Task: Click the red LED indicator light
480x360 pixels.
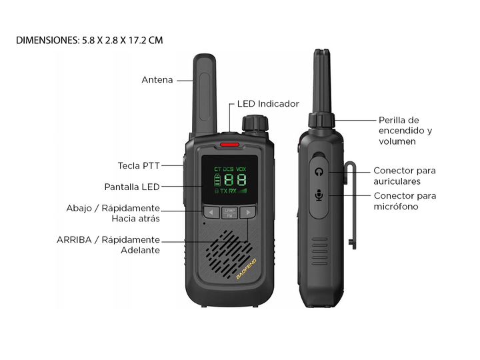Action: point(229,145)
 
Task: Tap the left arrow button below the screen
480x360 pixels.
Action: point(211,212)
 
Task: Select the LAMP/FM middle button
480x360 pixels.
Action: point(229,213)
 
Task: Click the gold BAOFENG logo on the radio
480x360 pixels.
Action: point(246,269)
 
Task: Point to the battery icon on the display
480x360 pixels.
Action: point(217,180)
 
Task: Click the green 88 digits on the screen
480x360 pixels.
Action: point(235,180)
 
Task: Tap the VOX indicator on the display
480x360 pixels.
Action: point(241,169)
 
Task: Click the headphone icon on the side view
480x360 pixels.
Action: point(319,172)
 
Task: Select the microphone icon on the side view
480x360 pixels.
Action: point(319,195)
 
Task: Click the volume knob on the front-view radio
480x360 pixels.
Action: point(255,123)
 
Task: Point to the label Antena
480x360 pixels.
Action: point(157,80)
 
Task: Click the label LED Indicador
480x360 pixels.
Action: point(268,104)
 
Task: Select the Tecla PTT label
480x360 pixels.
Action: point(139,165)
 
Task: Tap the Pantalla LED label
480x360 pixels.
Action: point(132,187)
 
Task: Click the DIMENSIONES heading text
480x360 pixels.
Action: point(89,40)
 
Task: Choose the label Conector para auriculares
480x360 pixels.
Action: point(405,176)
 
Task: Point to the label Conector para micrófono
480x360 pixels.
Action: point(405,201)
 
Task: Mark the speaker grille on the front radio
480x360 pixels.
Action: point(229,254)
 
